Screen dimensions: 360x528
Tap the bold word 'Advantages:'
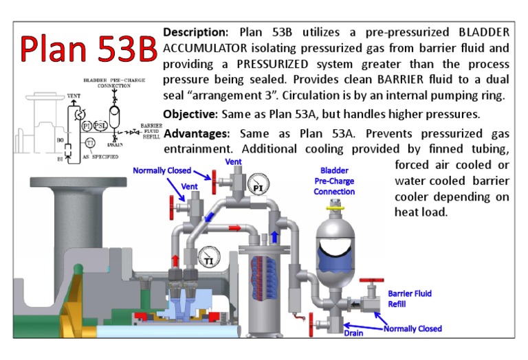[x=197, y=133]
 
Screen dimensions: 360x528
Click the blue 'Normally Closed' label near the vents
[x=162, y=170]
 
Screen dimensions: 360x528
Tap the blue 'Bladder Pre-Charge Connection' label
[x=334, y=181]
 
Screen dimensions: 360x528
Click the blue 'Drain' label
[x=354, y=334]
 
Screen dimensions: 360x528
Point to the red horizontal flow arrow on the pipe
[x=235, y=227]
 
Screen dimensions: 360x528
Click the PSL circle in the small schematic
[x=100, y=126]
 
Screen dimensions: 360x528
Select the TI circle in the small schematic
[x=91, y=143]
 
